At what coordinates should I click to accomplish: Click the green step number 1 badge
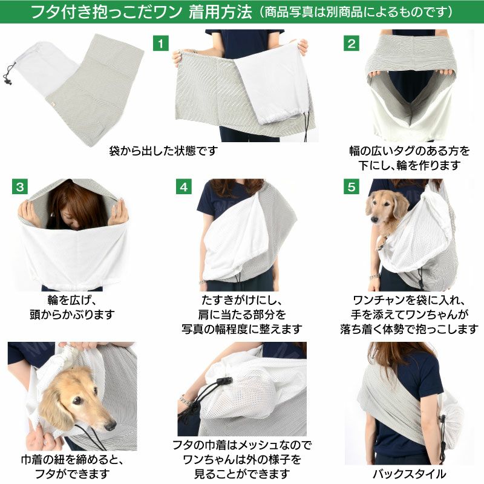(161, 44)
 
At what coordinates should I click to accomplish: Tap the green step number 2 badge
(352, 44)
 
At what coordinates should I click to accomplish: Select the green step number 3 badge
(20, 187)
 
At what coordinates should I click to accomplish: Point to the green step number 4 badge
(184, 187)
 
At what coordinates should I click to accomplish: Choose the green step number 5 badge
(352, 187)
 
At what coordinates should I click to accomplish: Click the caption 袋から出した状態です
(163, 151)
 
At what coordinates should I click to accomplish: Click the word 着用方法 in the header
(220, 12)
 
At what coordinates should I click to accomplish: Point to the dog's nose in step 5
(374, 220)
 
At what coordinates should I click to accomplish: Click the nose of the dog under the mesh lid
(110, 426)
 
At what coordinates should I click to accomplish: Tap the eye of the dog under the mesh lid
(77, 401)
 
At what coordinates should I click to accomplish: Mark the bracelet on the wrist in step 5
(374, 276)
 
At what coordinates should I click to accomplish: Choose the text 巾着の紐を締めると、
(72, 460)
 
